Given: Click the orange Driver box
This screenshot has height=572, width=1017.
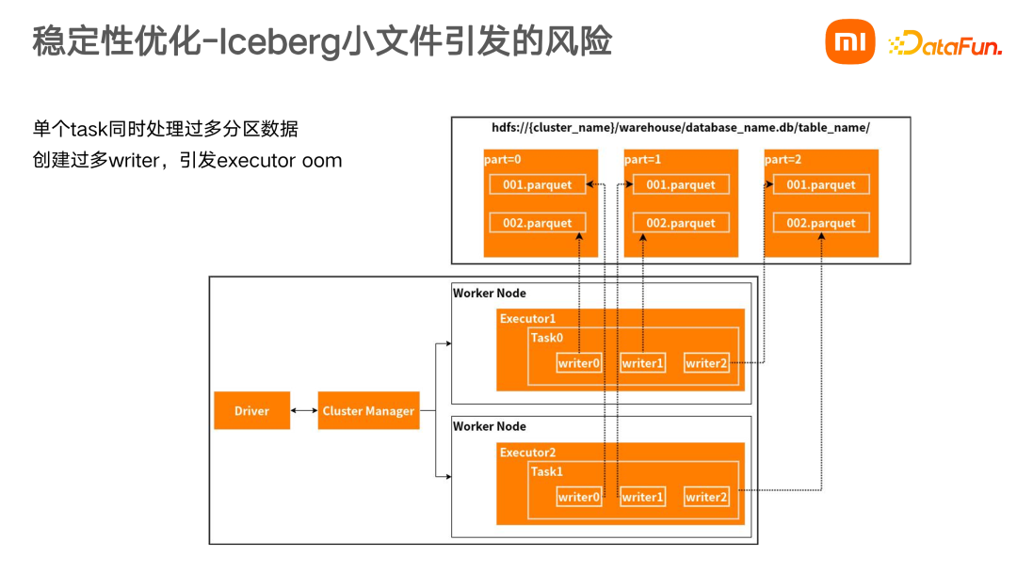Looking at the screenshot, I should [251, 411].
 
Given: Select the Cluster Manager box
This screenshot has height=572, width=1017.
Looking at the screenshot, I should [368, 411].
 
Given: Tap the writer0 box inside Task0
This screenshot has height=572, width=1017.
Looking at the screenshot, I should [578, 363].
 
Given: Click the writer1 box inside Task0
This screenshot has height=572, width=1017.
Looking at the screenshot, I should [642, 363].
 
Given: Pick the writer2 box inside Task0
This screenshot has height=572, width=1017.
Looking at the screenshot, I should [706, 363].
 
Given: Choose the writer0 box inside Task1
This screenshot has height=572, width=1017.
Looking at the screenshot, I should [578, 497].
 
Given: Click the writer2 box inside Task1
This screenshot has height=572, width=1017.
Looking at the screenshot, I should [706, 497].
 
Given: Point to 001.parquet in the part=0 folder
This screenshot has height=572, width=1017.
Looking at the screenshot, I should [538, 185].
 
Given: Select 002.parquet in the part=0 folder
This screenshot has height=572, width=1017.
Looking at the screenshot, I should [538, 223].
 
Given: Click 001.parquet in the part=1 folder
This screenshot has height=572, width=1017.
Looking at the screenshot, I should [681, 185].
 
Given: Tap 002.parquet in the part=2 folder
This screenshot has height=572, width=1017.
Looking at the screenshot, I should [821, 223].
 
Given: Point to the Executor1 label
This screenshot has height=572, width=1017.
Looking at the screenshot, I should [528, 319].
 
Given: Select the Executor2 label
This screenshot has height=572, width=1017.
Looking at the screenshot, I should [528, 453].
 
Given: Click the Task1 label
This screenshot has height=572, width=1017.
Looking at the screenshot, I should [547, 471].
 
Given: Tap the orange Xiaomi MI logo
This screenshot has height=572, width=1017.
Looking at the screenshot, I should [850, 42].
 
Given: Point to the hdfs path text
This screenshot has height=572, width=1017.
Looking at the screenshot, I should [681, 127].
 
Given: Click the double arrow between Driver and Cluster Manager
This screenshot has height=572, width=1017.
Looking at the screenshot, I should [304, 411].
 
